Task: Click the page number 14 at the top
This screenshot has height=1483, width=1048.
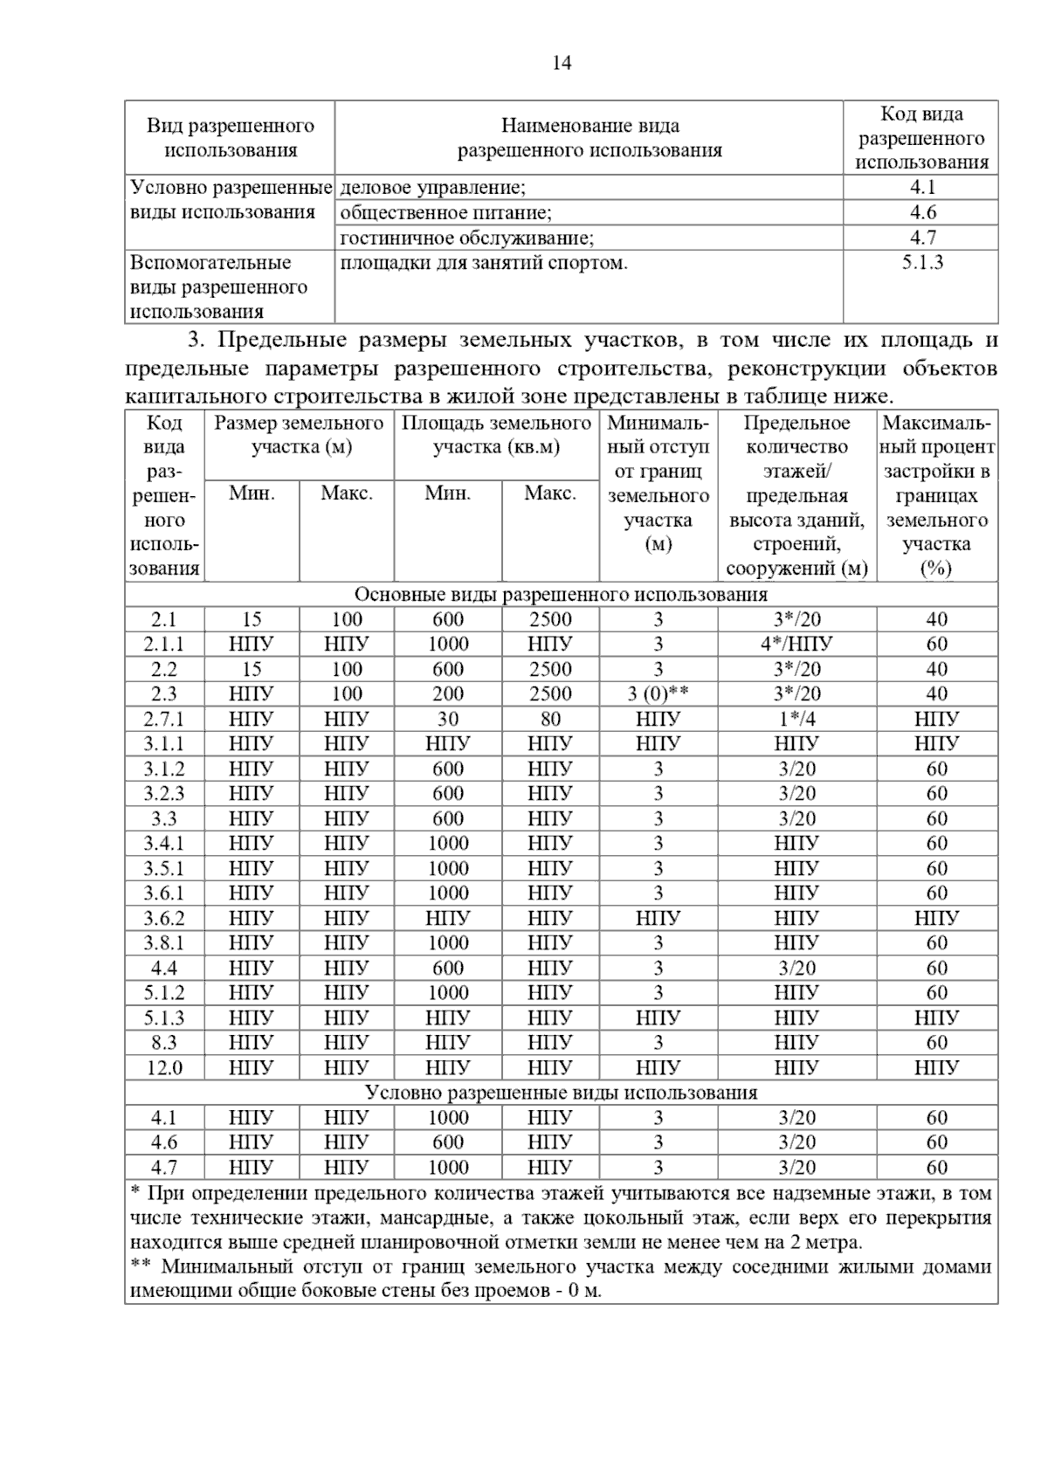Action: [x=562, y=63]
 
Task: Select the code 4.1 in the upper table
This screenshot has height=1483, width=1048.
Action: [x=921, y=187]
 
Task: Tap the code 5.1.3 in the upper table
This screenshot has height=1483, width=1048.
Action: [x=921, y=263]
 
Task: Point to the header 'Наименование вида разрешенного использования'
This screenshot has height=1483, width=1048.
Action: [x=589, y=138]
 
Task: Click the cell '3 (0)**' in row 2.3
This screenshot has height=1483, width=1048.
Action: [x=658, y=694]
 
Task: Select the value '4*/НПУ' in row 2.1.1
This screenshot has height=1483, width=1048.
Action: [x=796, y=645]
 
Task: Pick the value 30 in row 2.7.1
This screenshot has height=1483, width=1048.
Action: [x=448, y=720]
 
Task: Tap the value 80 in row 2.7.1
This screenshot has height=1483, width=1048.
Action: [x=550, y=720]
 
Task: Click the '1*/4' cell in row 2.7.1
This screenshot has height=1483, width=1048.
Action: [x=796, y=720]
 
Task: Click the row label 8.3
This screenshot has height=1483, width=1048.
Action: [x=164, y=1043]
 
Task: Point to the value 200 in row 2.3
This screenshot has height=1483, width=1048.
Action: [x=448, y=694]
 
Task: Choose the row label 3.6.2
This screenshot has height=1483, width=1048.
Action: [x=164, y=919]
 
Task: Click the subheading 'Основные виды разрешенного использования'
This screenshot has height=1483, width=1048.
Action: [x=561, y=595]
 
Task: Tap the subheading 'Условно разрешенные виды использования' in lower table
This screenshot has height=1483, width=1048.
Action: [x=561, y=1093]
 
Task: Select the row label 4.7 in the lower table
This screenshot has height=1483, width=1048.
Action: [x=164, y=1168]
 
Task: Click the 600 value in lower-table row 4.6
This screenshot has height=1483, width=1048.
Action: [x=448, y=1142]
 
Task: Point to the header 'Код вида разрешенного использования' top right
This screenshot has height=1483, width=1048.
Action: [x=921, y=138]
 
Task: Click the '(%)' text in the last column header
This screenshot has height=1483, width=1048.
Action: [x=936, y=569]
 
